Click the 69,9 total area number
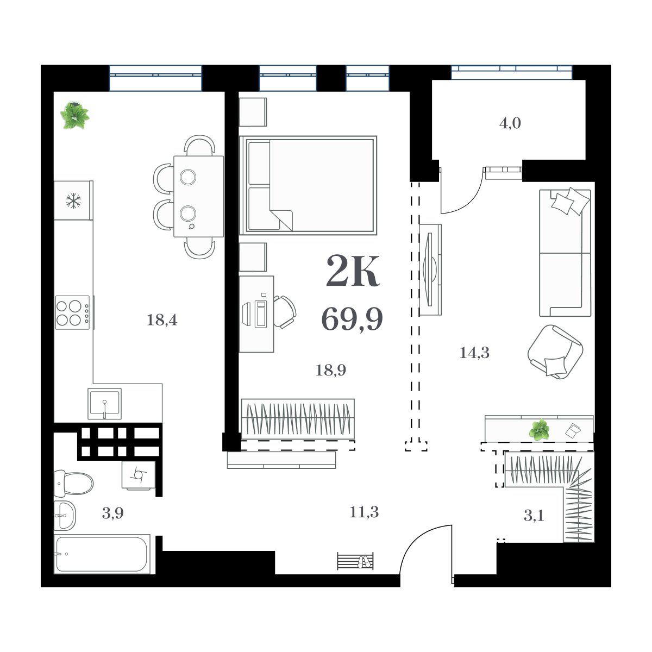click(352, 319)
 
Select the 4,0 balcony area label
click(510, 123)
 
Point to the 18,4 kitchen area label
click(162, 320)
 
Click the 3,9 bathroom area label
click(112, 513)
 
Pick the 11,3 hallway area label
click(364, 512)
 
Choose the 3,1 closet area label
click(534, 516)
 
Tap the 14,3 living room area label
click(474, 353)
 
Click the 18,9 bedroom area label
click(331, 371)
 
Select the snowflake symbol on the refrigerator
click(72, 201)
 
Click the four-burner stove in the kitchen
click(72, 312)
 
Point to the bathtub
click(102, 554)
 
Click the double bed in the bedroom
click(309, 185)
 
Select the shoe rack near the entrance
click(355, 561)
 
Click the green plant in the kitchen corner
click(74, 115)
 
